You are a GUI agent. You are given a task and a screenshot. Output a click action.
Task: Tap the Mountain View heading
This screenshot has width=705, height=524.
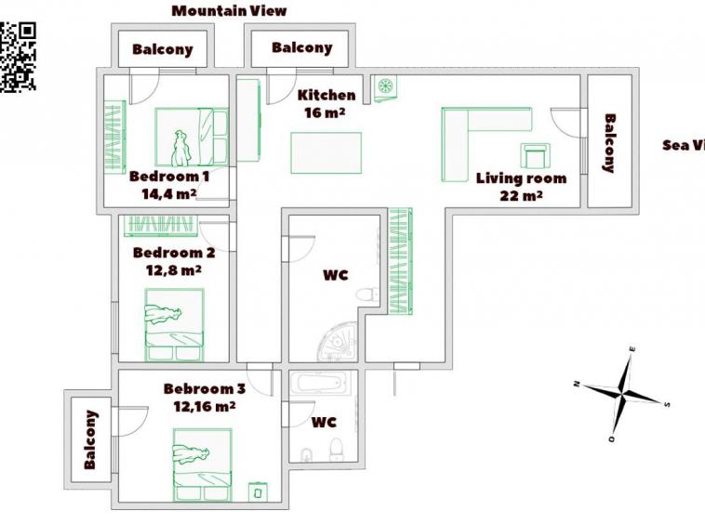pyautogui.click(x=230, y=11)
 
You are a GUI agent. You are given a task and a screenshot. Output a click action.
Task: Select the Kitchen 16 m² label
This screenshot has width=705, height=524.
pyautogui.click(x=326, y=103)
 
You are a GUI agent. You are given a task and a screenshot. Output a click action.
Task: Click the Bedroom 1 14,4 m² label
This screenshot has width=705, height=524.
pyautogui.click(x=169, y=185)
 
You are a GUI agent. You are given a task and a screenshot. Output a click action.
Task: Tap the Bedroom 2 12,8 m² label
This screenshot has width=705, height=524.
pyautogui.click(x=174, y=261)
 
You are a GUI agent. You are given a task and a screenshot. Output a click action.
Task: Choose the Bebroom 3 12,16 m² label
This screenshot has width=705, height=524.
pyautogui.click(x=204, y=398)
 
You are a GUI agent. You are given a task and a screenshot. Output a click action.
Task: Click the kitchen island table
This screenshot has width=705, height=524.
pyautogui.click(x=326, y=152)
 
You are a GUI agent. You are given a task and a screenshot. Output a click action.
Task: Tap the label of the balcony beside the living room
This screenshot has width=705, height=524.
pyautogui.click(x=610, y=143)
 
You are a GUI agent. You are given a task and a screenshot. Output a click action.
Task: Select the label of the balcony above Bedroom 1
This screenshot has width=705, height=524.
pyautogui.click(x=162, y=49)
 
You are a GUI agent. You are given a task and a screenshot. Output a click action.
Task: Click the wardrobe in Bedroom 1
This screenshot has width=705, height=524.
pyautogui.click(x=113, y=138)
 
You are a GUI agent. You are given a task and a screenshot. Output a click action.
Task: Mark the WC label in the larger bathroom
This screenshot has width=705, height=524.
pyautogui.click(x=335, y=275)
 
